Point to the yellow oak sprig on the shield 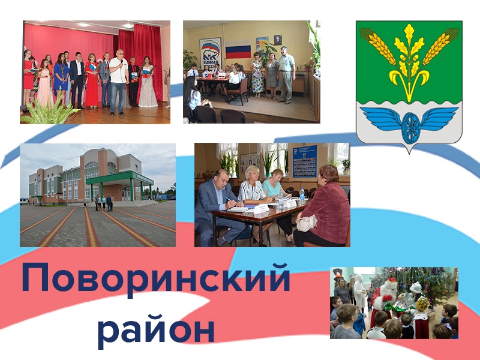click(x=409, y=60)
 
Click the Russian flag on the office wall click(x=238, y=49)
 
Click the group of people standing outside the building click(x=103, y=203)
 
